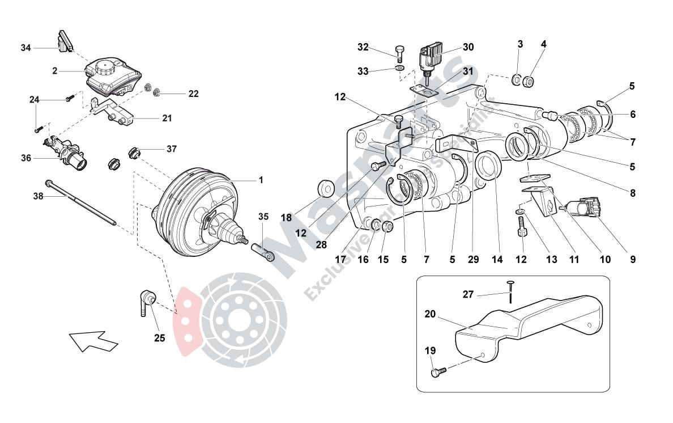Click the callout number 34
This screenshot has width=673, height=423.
click(25, 48)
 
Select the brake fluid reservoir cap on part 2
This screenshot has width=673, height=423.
click(106, 68)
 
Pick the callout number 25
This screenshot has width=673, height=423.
click(160, 339)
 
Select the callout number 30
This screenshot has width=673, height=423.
click(467, 47)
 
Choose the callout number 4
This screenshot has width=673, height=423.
click(543, 44)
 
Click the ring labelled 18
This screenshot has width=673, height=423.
click(326, 187)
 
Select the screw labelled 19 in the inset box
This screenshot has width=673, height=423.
click(438, 372)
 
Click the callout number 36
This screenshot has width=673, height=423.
click(25, 158)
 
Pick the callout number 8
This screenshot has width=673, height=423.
click(632, 193)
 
